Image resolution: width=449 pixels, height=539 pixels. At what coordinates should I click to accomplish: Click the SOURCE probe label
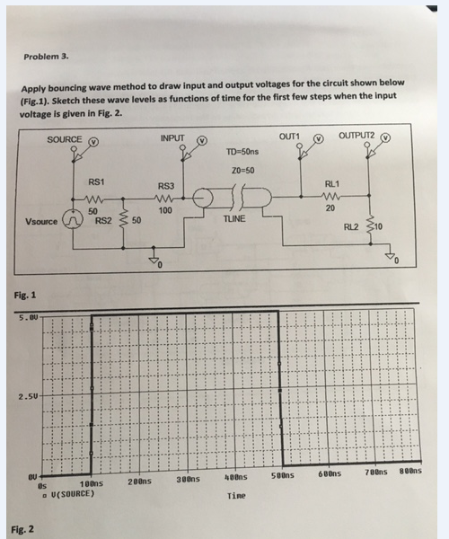click(x=64, y=140)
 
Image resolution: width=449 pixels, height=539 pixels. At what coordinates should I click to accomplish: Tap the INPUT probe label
click(x=172, y=138)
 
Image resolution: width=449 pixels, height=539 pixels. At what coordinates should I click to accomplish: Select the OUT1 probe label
click(x=290, y=136)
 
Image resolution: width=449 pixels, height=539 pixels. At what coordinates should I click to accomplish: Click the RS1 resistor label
click(x=96, y=182)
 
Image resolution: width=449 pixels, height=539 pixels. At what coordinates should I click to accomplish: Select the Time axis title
click(x=236, y=495)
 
